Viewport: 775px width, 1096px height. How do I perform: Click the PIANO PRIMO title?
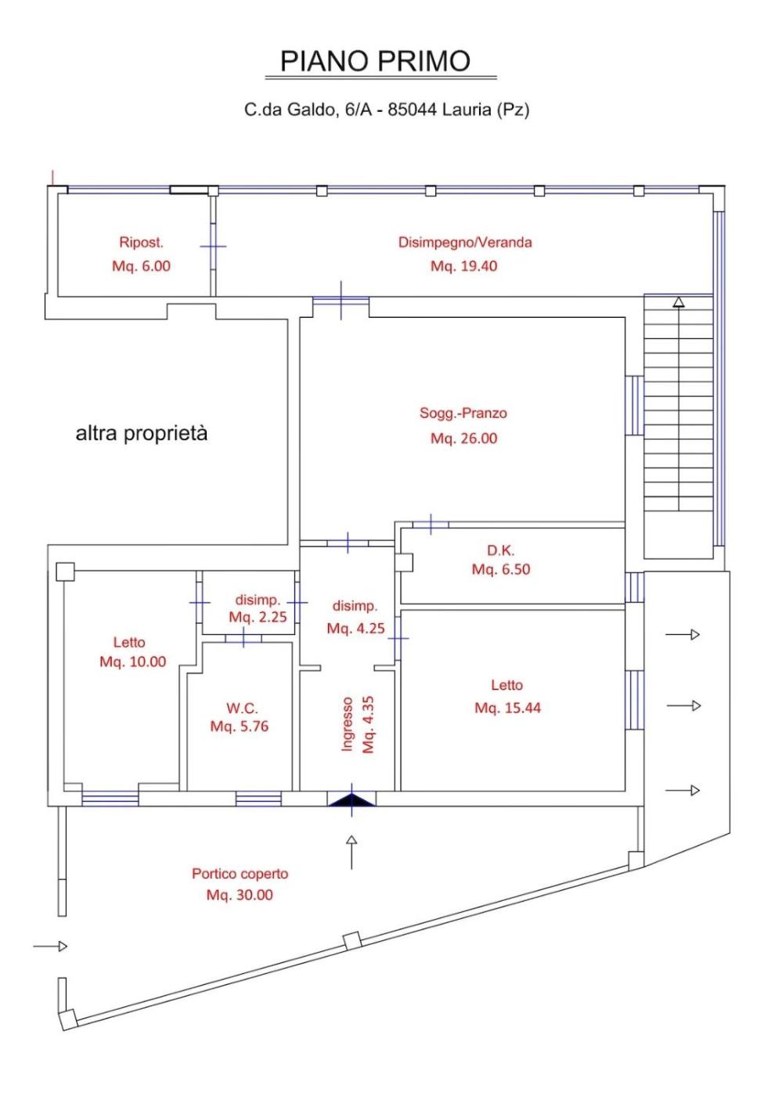[375, 61]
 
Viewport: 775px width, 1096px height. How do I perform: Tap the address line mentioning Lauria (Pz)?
[387, 110]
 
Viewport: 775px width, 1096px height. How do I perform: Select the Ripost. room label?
[142, 242]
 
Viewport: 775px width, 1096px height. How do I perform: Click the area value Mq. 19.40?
[463, 266]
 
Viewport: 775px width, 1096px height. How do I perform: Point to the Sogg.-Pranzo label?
[463, 413]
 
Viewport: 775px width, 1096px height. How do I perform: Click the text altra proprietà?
[142, 434]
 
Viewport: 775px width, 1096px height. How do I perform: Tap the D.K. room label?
[500, 550]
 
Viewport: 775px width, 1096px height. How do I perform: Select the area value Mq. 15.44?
[508, 708]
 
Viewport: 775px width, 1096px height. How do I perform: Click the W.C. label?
[242, 708]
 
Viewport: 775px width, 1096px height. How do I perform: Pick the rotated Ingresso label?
[347, 724]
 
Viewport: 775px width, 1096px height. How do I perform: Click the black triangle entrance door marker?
[351, 799]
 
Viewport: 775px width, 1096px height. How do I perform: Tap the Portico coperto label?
[240, 874]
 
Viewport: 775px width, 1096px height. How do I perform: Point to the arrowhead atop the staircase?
[679, 302]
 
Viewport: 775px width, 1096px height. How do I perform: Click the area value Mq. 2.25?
[258, 617]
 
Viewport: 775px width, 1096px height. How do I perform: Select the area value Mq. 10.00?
[132, 662]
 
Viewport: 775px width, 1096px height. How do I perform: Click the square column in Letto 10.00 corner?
[65, 571]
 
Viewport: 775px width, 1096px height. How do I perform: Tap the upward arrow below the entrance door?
[351, 852]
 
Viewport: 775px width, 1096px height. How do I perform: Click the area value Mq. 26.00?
[463, 438]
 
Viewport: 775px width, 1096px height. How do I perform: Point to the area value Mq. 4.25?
[355, 628]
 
